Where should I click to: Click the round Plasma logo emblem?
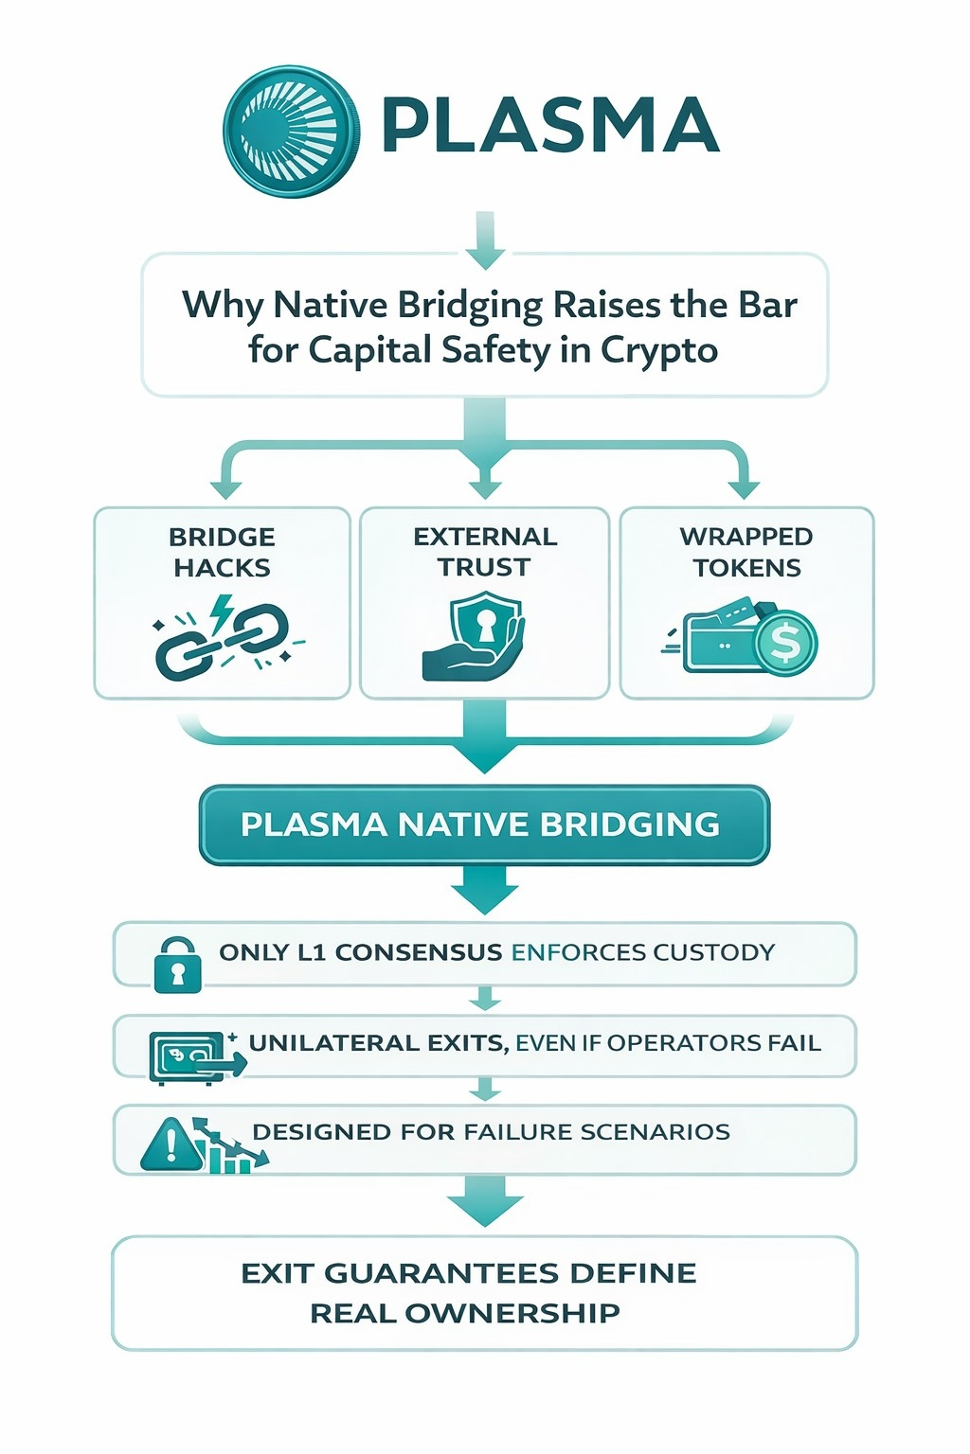291,131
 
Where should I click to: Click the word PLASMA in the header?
549,126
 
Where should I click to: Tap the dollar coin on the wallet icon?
785,644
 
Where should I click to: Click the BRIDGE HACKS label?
222,552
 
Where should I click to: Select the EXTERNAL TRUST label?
485,551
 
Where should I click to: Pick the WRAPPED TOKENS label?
746,552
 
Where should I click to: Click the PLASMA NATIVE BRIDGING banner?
484,825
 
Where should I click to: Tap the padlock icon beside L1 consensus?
177,965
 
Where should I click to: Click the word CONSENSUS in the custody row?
418,952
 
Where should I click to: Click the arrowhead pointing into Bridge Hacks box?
225,488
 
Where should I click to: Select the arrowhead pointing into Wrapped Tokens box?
744,488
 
